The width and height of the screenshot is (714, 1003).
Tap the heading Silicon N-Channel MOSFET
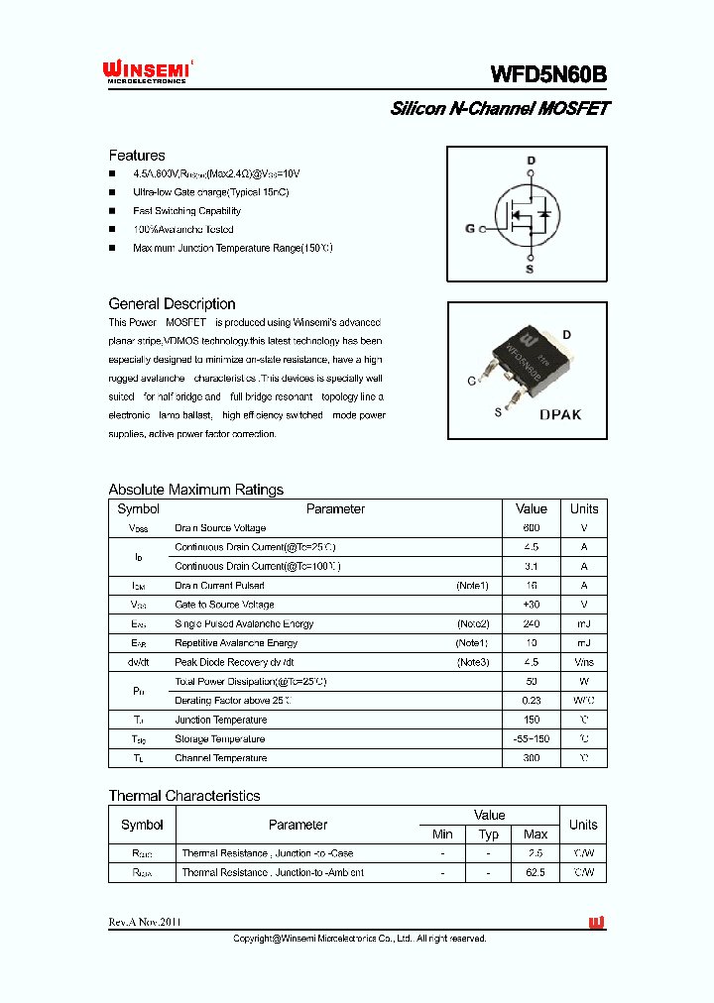point(500,108)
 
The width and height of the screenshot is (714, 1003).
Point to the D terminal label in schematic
point(531,161)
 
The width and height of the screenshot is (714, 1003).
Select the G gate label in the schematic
point(470,229)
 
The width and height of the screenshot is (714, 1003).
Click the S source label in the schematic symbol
point(530,269)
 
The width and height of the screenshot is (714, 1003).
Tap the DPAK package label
point(560,415)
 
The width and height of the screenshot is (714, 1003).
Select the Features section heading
point(137,156)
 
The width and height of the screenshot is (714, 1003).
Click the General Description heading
point(172,304)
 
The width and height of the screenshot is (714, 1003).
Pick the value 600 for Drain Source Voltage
point(532,528)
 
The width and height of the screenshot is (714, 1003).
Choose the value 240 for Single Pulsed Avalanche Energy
point(532,624)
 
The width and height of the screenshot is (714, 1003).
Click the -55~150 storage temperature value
point(532,739)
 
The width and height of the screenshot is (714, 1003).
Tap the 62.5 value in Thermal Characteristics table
point(535,873)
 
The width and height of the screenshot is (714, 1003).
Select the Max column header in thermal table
point(535,835)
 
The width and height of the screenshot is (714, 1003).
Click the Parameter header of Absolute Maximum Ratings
point(335,509)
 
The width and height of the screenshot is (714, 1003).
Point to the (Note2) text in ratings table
point(473,624)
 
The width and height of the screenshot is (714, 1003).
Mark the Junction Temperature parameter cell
point(221,721)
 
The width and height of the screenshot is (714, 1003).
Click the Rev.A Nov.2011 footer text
point(145,923)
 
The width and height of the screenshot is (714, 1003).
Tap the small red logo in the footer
point(596,923)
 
